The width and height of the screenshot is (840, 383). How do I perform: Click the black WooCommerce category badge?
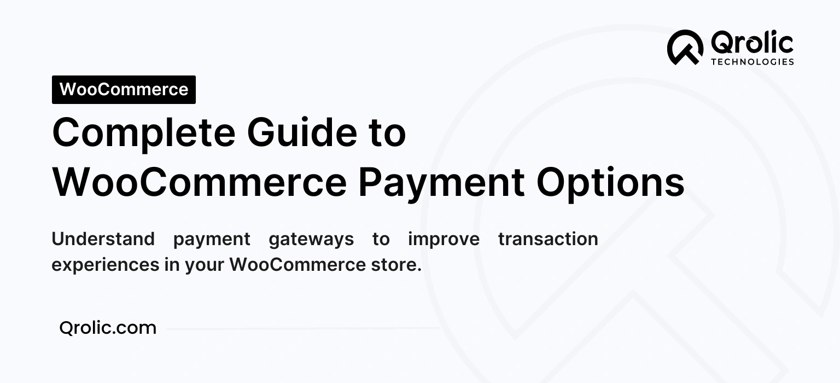point(124,90)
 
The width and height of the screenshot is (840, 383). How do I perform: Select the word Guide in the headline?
point(300,134)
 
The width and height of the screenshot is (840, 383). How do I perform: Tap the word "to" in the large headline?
point(386,134)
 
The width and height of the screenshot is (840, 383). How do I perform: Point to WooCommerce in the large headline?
point(199,182)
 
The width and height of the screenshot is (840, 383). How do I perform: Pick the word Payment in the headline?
point(441,183)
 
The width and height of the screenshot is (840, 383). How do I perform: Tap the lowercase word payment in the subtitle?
point(212,240)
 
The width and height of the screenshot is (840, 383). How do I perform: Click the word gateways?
point(311,240)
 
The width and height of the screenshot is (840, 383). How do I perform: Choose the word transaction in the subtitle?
point(548,239)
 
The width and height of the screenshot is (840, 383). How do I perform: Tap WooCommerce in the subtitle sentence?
point(297,265)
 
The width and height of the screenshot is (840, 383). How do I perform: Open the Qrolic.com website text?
point(108,328)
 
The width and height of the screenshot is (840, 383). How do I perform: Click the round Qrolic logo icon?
point(685,48)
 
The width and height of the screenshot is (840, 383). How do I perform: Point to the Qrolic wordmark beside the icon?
point(752,43)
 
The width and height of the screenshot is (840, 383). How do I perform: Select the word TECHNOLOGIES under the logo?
point(752,62)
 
